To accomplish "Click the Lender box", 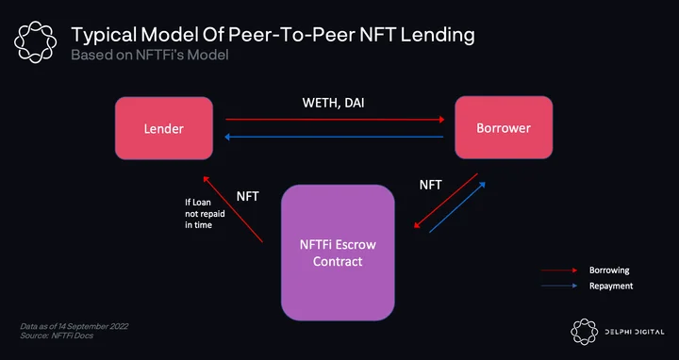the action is click(x=164, y=128).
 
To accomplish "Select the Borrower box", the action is click(x=504, y=127).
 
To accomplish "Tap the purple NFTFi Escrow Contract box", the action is click(x=338, y=253).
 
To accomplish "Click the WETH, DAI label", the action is click(x=333, y=103).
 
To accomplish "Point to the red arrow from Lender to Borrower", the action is click(x=335, y=120).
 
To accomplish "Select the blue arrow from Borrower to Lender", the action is click(x=334, y=138).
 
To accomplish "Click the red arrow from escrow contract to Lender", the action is click(x=233, y=209).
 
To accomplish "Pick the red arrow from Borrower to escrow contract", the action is click(x=445, y=201).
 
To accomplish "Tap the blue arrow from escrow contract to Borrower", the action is click(x=457, y=206).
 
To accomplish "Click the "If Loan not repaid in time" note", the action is click(x=205, y=214).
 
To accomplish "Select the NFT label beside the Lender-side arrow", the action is click(x=248, y=196).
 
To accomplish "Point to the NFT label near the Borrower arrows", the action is click(x=430, y=186).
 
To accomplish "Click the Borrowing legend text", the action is click(x=609, y=270).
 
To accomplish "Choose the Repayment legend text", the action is click(x=611, y=286).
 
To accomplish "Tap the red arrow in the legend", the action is click(x=559, y=270).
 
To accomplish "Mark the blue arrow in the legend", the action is click(x=559, y=286).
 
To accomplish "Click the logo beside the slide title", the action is click(x=36, y=42).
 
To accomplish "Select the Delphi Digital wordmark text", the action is click(x=635, y=332).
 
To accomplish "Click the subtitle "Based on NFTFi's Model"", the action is click(x=149, y=55).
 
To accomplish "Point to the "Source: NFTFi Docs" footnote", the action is click(x=57, y=335).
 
